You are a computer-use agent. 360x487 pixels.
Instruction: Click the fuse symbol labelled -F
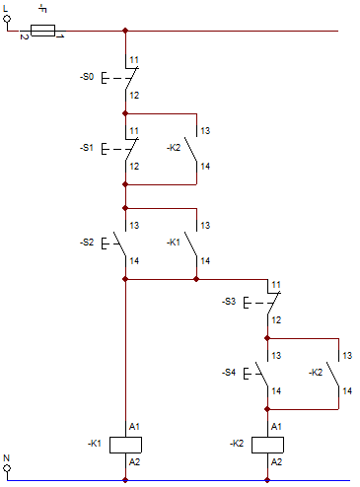tap(42, 31)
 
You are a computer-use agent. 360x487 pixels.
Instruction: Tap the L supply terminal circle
tap(7, 19)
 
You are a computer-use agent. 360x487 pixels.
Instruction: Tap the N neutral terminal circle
tap(7, 468)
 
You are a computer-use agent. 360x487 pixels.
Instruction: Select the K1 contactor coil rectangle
tap(125, 445)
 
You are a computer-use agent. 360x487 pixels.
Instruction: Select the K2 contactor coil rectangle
tap(267, 445)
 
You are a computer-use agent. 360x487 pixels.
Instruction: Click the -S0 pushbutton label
tap(87, 77)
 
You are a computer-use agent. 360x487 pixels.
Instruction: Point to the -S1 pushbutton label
tap(87, 148)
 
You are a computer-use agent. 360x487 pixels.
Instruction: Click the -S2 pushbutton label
tap(87, 243)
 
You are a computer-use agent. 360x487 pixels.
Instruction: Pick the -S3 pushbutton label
tap(229, 302)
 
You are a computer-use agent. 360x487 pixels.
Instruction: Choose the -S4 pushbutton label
tap(229, 373)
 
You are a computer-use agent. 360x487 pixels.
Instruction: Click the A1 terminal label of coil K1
tap(134, 427)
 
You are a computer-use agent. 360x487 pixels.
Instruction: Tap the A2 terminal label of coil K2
tap(276, 462)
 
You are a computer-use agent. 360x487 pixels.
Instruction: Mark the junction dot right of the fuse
tap(125, 31)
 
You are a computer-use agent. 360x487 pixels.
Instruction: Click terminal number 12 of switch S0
tap(134, 96)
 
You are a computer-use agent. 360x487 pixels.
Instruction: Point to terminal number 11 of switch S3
tap(276, 285)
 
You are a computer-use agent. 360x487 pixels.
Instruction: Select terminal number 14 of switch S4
tap(276, 391)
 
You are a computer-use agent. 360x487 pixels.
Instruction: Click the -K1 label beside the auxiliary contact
tap(174, 243)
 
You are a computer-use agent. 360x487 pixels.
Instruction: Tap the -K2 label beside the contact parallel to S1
tap(174, 148)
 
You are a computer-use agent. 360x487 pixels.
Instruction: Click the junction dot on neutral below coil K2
tap(267, 480)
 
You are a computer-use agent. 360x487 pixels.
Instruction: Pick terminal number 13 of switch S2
tap(134, 226)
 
